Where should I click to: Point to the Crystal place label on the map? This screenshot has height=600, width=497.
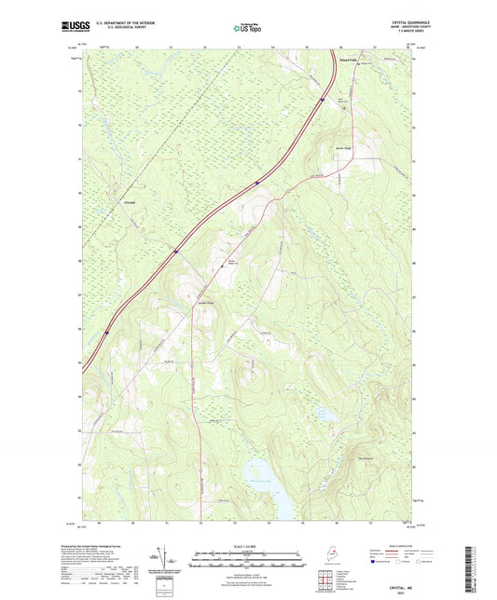[x=130, y=202]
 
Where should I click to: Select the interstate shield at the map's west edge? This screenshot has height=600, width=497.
[x=106, y=329]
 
